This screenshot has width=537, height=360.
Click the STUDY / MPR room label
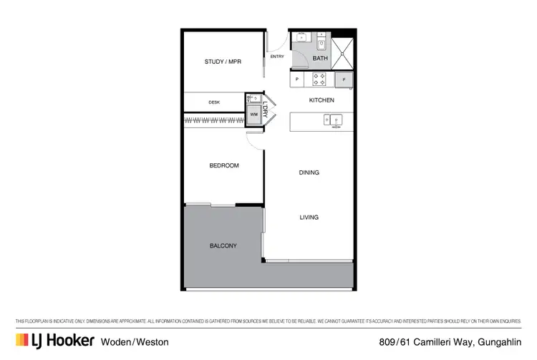point(223,62)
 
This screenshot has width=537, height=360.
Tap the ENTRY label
point(276,57)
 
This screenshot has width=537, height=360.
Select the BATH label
point(321,59)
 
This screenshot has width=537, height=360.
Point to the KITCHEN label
point(321,100)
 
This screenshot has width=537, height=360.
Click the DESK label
point(214,102)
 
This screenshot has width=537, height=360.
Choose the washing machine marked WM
point(253,114)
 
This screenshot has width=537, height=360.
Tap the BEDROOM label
point(223,165)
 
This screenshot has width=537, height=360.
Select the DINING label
point(309,172)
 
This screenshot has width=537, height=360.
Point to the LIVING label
point(309,217)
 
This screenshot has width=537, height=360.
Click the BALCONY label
point(223,245)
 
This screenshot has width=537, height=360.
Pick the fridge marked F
point(344,79)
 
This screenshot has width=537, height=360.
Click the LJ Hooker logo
point(54,341)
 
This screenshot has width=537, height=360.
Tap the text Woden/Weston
point(135,341)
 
